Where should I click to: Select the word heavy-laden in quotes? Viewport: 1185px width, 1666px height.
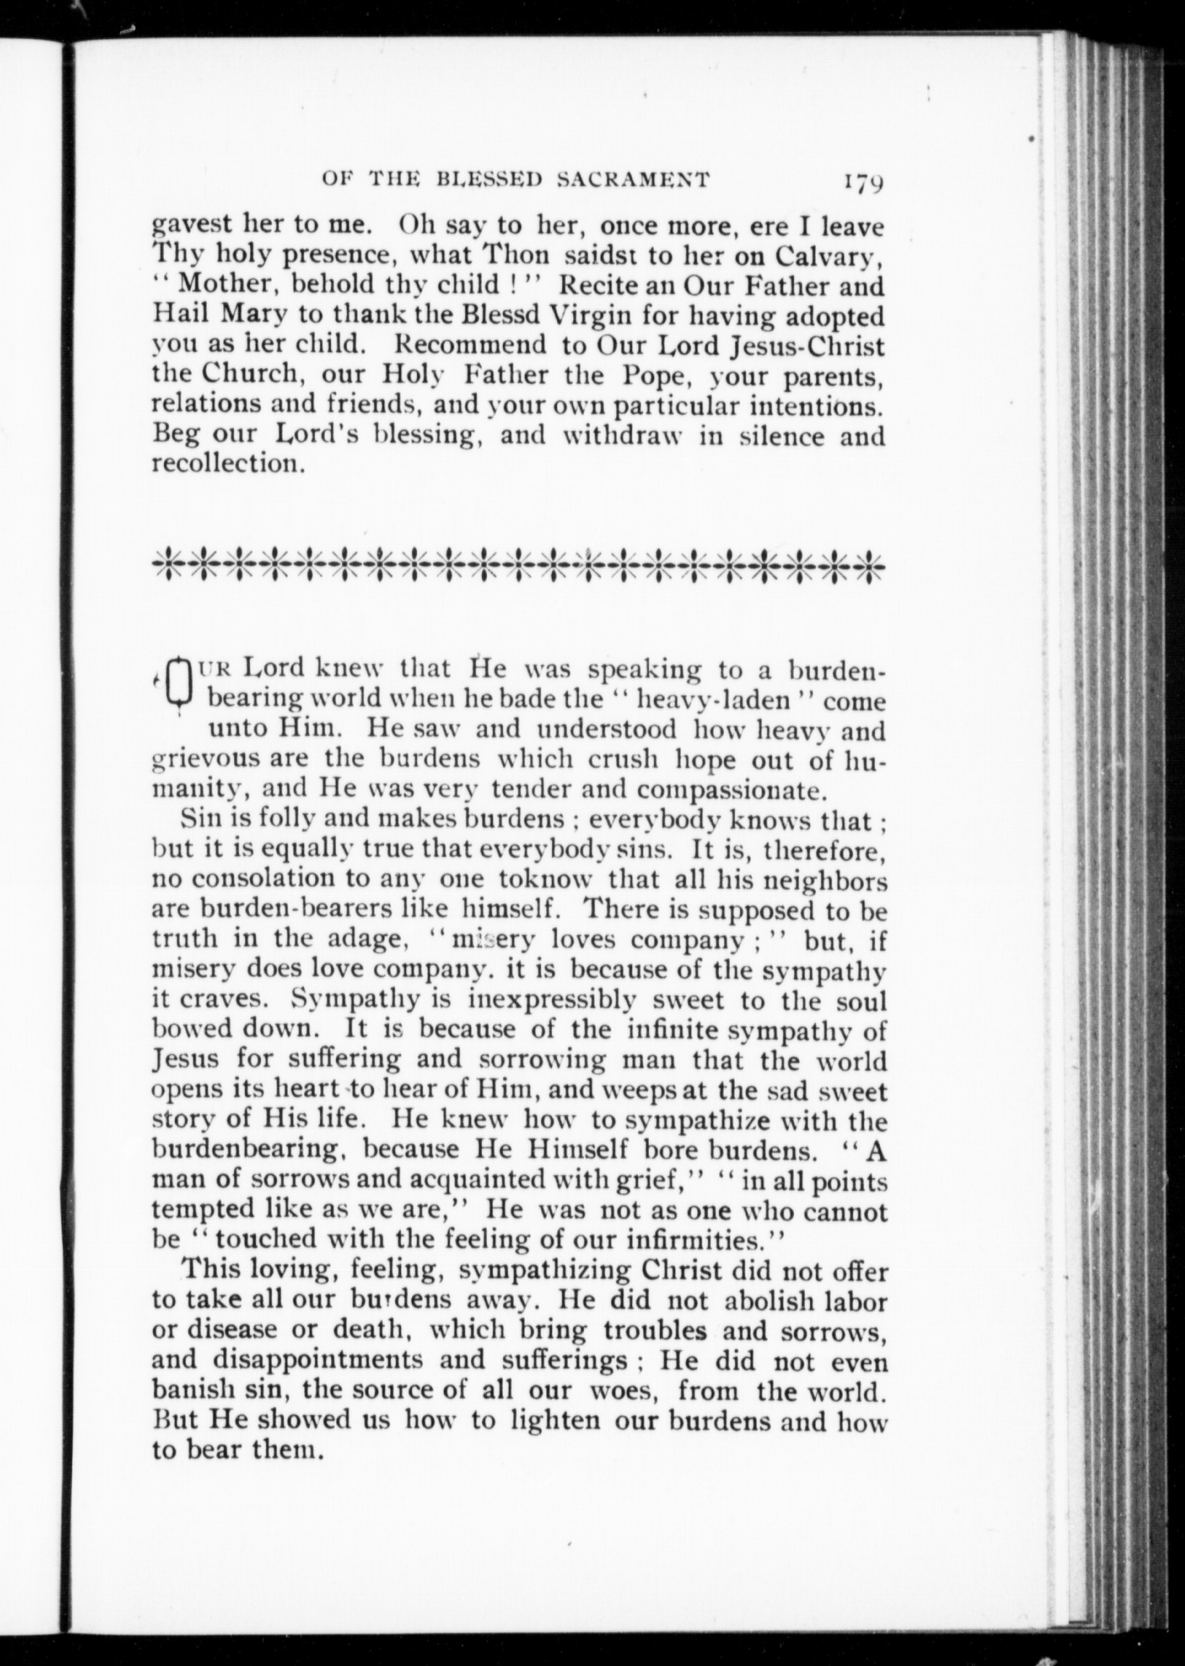point(715,701)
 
